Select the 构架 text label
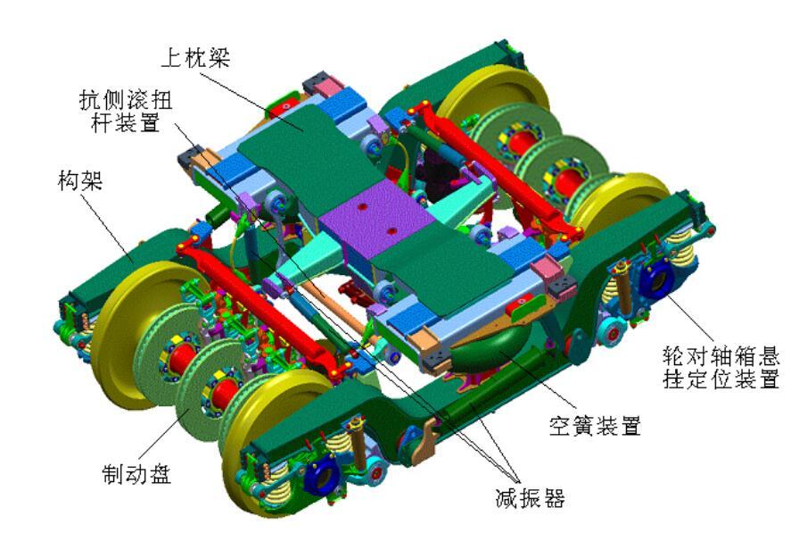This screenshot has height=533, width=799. (78, 182)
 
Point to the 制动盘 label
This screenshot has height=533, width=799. (136, 473)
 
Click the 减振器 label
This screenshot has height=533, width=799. (531, 497)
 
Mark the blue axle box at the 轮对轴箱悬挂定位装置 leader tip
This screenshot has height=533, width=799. (655, 280)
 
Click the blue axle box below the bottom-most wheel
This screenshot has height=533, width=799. (319, 474)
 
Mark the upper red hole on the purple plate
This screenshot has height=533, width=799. (362, 204)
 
